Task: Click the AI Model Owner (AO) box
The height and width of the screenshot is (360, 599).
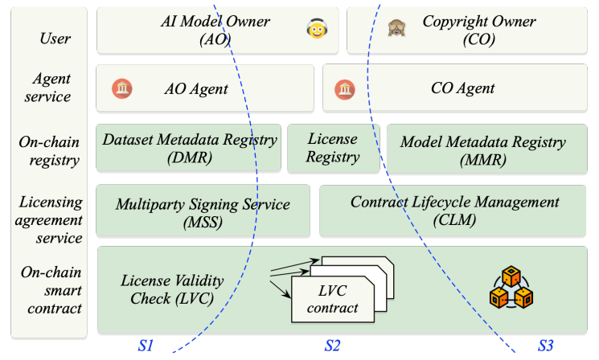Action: click(215, 31)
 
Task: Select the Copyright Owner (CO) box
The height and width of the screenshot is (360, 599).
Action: click(467, 31)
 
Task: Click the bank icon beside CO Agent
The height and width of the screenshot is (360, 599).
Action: click(345, 88)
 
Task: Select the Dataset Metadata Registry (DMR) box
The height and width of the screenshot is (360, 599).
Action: click(189, 148)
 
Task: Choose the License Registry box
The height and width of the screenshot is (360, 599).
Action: click(333, 148)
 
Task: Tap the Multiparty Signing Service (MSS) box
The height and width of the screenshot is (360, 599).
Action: click(203, 211)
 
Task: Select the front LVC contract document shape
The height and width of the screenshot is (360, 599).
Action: click(331, 301)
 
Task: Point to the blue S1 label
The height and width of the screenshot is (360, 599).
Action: click(146, 346)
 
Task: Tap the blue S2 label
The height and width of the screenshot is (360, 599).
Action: click(332, 346)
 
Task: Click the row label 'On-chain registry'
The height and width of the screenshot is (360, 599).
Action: click(49, 151)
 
